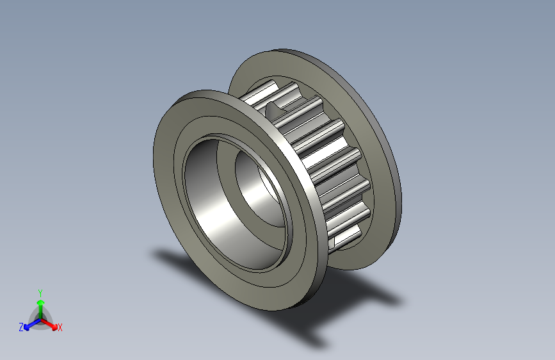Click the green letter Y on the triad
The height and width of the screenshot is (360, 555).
pyautogui.click(x=40, y=291)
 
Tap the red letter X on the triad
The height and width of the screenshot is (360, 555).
pyautogui.click(x=60, y=328)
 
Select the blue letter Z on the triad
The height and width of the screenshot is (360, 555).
pyautogui.click(x=21, y=327)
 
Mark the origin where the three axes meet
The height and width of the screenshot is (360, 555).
pyautogui.click(x=40, y=318)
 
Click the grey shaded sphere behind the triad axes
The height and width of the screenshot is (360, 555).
pyautogui.click(x=40, y=314)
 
